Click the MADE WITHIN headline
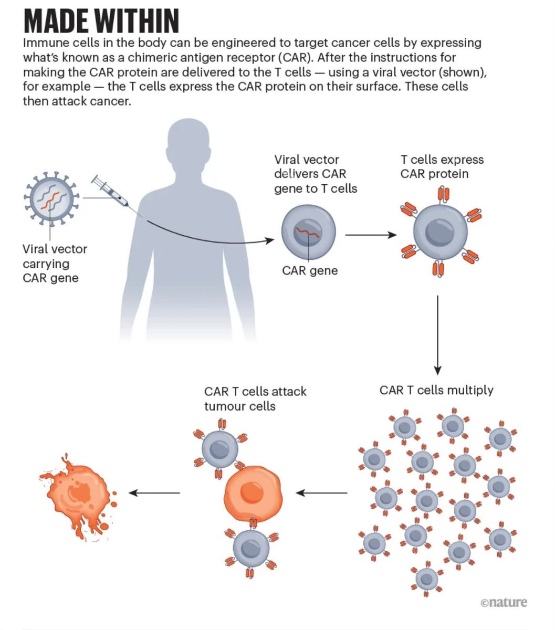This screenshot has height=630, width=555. pyautogui.click(x=101, y=21)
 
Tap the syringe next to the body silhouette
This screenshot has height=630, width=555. pyautogui.click(x=110, y=192)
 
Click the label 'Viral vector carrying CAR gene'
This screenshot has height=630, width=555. pyautogui.click(x=55, y=264)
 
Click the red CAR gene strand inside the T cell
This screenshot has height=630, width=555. pyautogui.click(x=307, y=232)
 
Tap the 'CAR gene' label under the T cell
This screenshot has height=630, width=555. pyautogui.click(x=310, y=270)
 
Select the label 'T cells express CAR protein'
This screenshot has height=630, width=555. pyautogui.click(x=442, y=166)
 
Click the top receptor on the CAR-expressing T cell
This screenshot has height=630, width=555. pyautogui.click(x=443, y=195)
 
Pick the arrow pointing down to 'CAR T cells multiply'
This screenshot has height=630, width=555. pyautogui.click(x=438, y=335)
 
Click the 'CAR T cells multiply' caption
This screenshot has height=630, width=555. pyautogui.click(x=436, y=390)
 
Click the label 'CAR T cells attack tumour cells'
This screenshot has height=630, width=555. pyautogui.click(x=255, y=398)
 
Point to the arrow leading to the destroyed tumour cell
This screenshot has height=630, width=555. pyautogui.click(x=154, y=493)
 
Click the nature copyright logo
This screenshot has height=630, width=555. pyautogui.click(x=504, y=602)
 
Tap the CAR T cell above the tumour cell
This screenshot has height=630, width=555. pyautogui.click(x=220, y=449)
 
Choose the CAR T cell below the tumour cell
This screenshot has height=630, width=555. pyautogui.click(x=251, y=549)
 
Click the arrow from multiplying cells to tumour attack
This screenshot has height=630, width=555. pyautogui.click(x=321, y=493)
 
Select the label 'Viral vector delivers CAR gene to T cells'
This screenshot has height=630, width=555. pyautogui.click(x=316, y=174)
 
